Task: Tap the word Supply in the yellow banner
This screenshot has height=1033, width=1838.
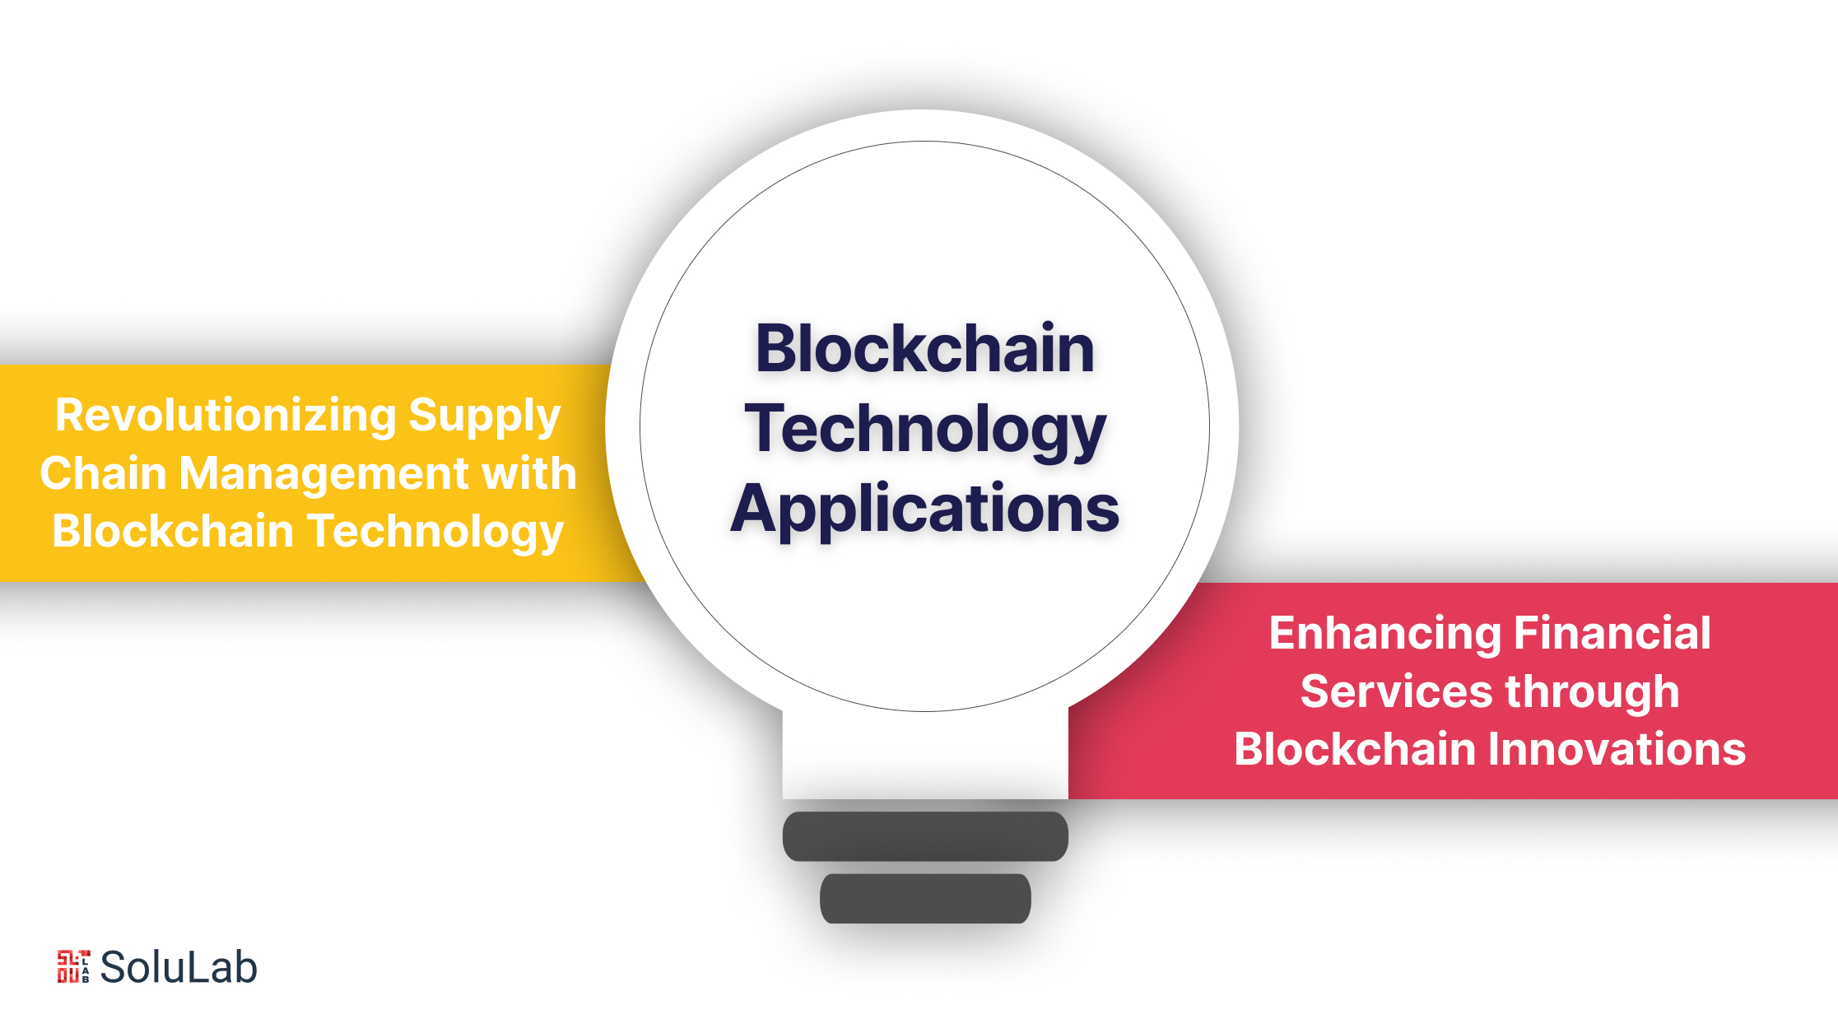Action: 485,416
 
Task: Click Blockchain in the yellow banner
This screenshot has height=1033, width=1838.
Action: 173,531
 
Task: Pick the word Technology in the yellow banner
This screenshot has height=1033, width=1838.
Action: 435,532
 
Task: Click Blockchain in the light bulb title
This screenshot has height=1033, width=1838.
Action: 925,348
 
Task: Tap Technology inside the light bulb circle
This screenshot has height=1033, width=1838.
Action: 925,429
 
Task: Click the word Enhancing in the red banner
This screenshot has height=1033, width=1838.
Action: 1385,634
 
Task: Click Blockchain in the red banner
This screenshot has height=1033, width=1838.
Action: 1355,749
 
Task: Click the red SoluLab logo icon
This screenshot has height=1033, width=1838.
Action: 73,966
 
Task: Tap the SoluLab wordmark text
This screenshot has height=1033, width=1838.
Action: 179,967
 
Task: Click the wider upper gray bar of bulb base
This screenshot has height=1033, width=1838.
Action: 925,836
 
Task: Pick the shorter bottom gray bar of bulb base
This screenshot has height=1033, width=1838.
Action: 925,899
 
